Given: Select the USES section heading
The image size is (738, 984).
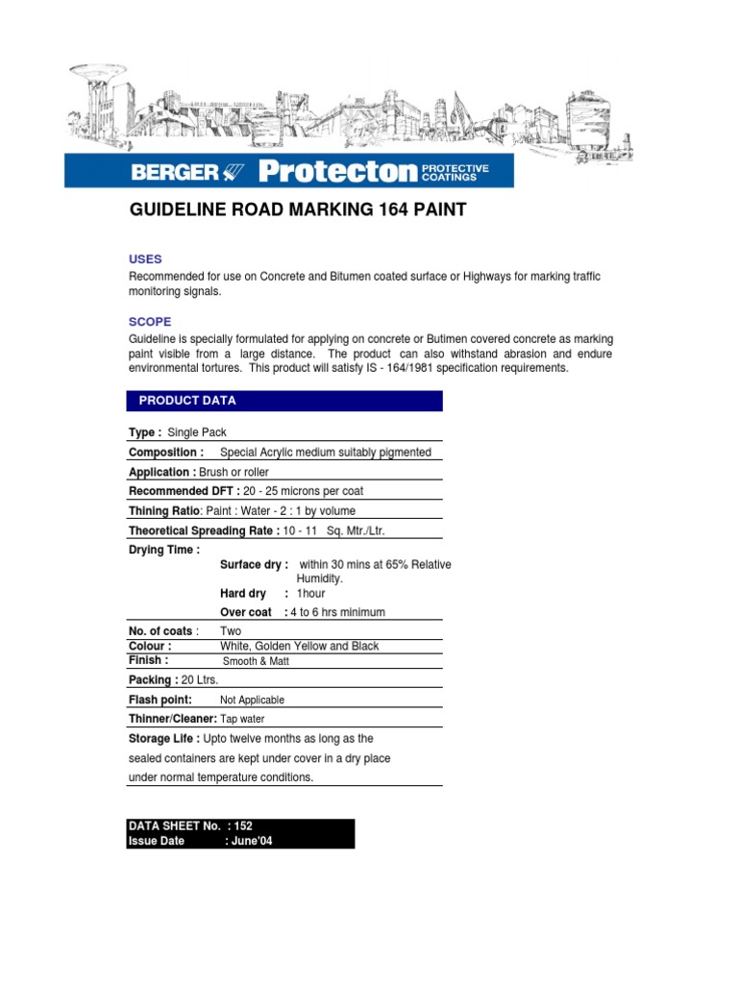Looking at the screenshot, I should (x=145, y=259).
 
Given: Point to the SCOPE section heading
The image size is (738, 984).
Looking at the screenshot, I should (x=150, y=322).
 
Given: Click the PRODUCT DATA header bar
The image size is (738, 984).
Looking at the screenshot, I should (x=284, y=401).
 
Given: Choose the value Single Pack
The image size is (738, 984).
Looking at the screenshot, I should (x=197, y=433).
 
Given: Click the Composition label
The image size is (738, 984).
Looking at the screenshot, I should (x=165, y=453).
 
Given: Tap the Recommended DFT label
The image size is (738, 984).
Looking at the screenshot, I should (x=184, y=492).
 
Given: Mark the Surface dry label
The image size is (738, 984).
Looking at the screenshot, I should (x=254, y=565).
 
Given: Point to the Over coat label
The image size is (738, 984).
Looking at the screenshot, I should (x=246, y=612).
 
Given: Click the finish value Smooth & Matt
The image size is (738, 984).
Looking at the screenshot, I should (x=256, y=662).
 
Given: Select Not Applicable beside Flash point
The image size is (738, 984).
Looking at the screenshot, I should (x=252, y=701).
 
